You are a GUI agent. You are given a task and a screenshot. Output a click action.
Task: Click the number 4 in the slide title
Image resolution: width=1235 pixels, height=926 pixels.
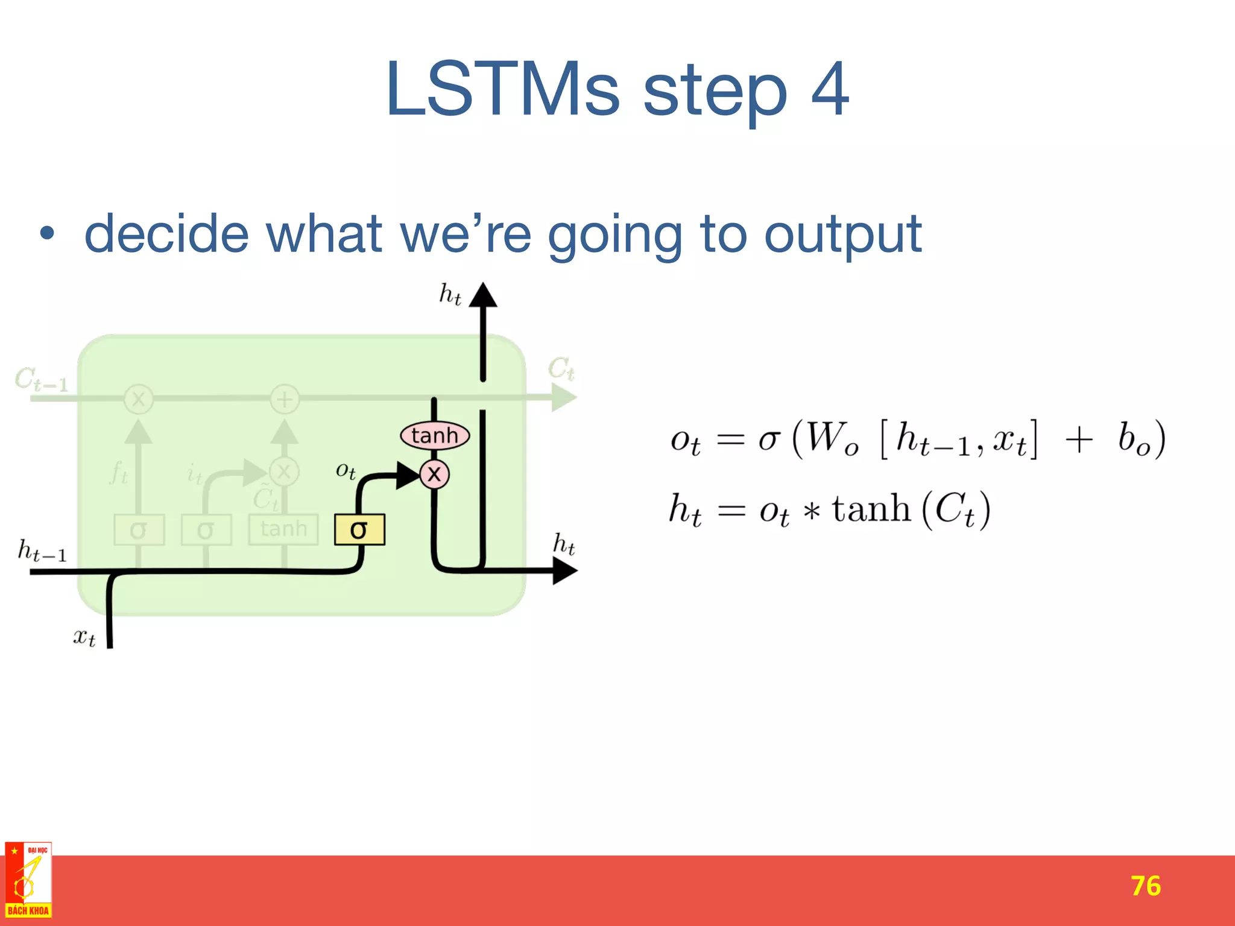coord(830,89)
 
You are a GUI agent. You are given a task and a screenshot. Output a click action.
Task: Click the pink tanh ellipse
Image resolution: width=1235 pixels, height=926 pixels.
coord(434,435)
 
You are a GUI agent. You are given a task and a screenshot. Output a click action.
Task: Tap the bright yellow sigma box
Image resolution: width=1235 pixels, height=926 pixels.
coord(359,529)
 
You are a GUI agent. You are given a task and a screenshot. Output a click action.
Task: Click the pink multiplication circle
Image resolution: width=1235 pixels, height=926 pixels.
coord(434,474)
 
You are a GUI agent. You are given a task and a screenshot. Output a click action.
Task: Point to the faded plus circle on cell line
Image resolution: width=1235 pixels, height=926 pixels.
coord(285,399)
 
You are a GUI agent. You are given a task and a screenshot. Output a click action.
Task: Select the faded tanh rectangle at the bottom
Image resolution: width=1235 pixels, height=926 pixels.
coord(283,529)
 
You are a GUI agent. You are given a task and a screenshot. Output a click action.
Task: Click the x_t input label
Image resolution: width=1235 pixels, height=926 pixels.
coord(84,637)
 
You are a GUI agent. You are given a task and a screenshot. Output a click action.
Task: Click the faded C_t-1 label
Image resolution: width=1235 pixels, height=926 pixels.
coord(41,380)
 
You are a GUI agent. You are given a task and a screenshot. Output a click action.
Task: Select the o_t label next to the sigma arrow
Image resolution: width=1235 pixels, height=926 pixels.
coord(346,470)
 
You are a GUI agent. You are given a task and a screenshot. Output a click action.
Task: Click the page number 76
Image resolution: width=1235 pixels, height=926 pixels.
coord(1145,886)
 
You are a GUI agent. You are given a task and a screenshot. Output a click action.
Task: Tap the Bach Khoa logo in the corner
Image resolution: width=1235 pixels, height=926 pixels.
coord(28,880)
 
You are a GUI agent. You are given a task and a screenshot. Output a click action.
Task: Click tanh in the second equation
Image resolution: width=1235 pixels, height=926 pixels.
coord(871,509)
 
